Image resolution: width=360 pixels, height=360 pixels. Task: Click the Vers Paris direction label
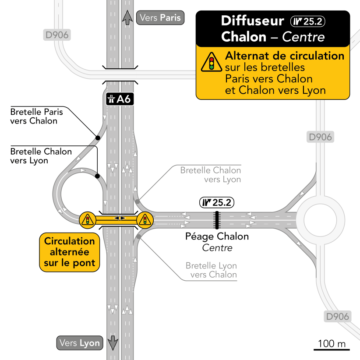click(160, 18)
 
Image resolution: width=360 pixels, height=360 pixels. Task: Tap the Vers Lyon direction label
click(80, 343)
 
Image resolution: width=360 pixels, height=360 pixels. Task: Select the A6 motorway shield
click(120, 99)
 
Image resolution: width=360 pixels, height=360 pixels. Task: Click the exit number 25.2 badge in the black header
click(307, 21)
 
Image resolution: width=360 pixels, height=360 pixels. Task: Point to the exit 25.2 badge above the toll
click(217, 202)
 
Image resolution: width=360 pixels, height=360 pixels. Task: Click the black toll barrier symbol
click(217, 220)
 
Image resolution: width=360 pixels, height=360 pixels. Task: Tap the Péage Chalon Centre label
click(217, 242)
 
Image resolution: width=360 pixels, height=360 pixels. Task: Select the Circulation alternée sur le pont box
click(70, 252)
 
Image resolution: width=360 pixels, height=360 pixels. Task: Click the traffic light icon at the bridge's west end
click(88, 220)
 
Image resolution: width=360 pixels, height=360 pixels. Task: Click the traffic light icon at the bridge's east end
click(145, 220)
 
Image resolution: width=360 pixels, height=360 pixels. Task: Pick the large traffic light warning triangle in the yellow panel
click(212, 62)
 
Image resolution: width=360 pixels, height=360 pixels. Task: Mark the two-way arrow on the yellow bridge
click(120, 218)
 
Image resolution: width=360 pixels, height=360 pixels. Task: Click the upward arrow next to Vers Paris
click(127, 18)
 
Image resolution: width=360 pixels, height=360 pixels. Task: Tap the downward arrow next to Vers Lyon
click(113, 343)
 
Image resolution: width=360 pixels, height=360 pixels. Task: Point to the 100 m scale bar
click(332, 350)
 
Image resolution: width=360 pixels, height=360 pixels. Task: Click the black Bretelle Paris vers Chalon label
click(36, 116)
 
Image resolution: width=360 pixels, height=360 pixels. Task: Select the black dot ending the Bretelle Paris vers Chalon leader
click(98, 138)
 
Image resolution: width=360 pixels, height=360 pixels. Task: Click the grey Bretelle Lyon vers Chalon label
click(211, 270)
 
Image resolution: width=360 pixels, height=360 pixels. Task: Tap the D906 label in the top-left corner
click(57, 35)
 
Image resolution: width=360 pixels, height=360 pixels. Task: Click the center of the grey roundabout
click(320, 220)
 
